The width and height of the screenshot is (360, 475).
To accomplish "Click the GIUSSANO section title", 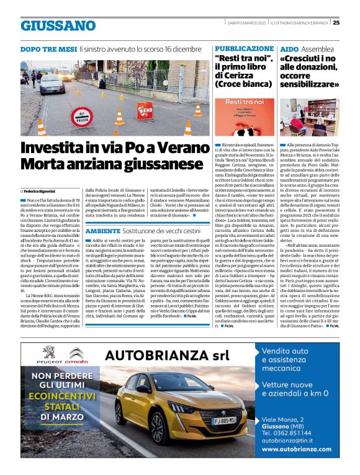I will coord(58,26).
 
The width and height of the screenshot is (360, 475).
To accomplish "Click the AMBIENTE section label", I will coord(103,230).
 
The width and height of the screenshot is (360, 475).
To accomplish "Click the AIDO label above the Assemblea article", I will coord(289,48).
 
